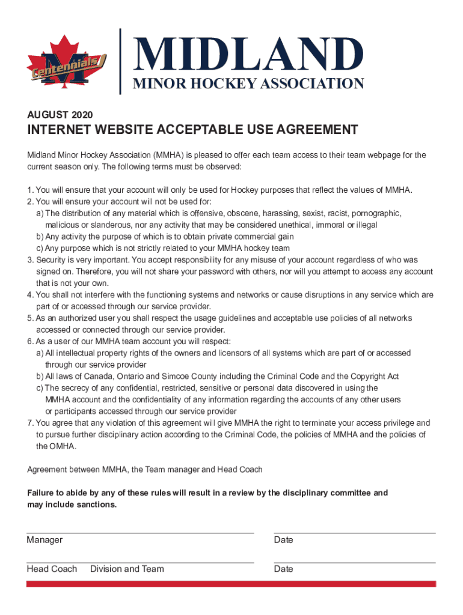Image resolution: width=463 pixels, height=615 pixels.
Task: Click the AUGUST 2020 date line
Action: pos(60,114)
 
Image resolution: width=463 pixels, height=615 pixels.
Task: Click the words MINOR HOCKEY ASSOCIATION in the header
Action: pos(248,84)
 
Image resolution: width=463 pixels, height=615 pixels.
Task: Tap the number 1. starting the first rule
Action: pos(30,190)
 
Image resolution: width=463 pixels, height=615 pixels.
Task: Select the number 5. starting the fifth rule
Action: pos(30,318)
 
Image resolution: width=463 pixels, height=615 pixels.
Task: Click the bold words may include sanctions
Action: pos(72,504)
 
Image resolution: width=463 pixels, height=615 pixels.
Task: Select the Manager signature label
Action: pos(44,540)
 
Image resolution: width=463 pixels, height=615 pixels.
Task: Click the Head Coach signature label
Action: pos(52,569)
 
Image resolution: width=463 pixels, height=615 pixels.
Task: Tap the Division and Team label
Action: pos(127,569)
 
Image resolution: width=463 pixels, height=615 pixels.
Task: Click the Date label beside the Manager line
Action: pos(283,540)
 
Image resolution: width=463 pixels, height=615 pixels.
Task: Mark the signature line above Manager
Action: pos(140,533)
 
